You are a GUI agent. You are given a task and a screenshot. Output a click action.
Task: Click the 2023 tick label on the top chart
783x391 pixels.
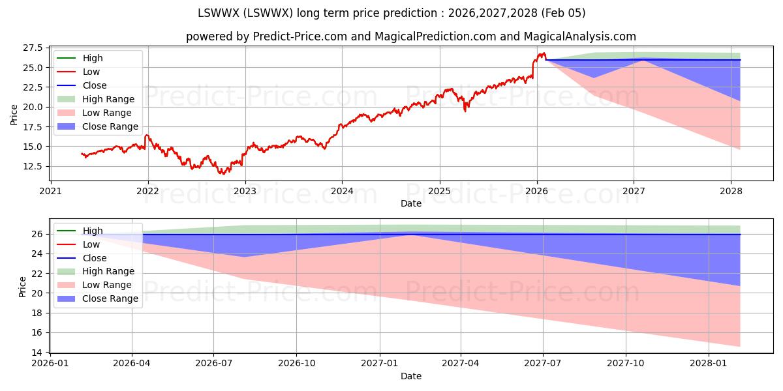[245, 191]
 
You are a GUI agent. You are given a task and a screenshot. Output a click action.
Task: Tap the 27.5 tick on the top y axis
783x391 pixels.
[33, 48]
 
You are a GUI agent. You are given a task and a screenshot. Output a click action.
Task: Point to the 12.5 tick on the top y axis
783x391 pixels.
[33, 166]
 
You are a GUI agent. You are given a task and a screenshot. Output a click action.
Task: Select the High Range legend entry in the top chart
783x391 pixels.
[108, 99]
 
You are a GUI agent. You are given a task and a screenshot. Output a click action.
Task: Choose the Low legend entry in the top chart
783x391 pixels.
[92, 72]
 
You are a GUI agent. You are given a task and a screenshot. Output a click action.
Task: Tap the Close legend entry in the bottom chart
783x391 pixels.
[95, 258]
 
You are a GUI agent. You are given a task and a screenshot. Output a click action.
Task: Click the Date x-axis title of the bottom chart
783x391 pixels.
[411, 376]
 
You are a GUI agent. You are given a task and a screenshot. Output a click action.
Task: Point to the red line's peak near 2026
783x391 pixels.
[542, 53]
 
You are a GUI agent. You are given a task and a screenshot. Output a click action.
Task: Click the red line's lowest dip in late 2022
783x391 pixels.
[223, 173]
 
